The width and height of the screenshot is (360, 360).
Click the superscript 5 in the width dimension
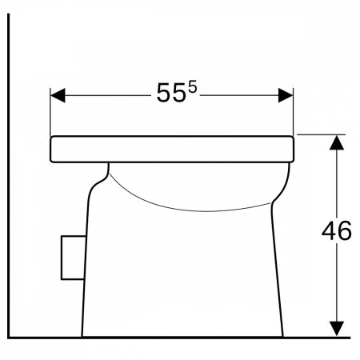pos(193,87)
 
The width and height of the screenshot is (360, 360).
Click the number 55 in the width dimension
pos(170,93)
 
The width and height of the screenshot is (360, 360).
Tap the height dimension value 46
pos(337,230)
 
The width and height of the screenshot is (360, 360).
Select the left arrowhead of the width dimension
pos(58,95)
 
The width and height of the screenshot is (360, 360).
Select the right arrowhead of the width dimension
pos(286,95)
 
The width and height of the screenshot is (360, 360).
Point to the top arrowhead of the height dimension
pos(337,142)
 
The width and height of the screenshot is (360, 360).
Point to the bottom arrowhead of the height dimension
pos(337,329)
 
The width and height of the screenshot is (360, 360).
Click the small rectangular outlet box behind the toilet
pos(74,258)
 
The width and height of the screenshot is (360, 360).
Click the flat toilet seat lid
pos(172,149)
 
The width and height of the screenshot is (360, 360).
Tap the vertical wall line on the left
pos(9,175)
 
